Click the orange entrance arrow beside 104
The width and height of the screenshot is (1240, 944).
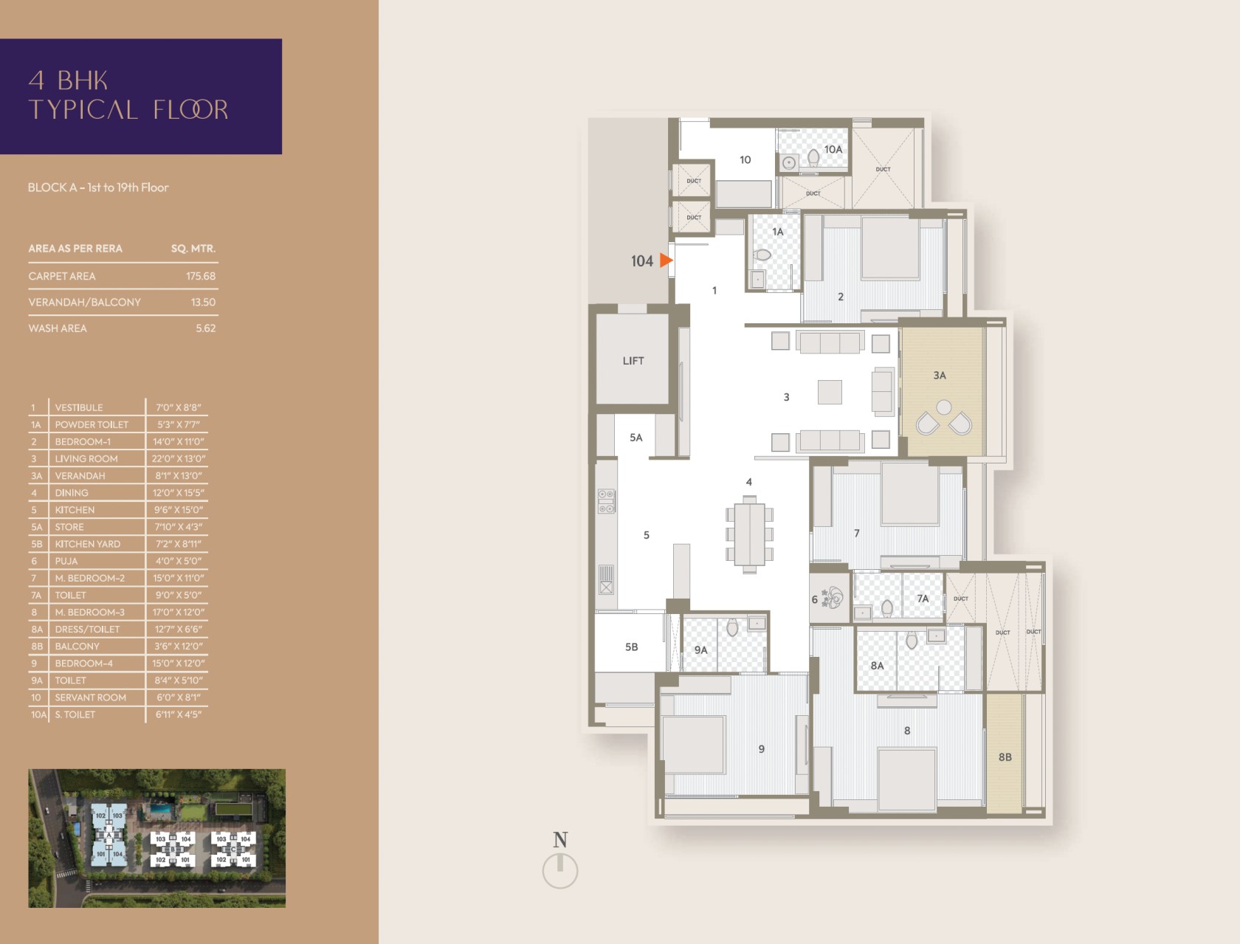(666, 261)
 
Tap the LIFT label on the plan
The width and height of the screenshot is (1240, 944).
(633, 361)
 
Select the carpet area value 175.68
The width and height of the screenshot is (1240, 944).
(201, 276)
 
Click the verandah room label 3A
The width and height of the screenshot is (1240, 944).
(940, 375)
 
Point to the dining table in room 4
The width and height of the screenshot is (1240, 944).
(750, 534)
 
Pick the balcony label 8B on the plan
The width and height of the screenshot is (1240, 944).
(1005, 757)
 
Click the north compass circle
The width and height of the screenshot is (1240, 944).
(559, 870)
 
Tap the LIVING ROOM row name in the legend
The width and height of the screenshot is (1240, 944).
(86, 459)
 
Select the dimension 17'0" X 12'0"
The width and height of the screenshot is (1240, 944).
(179, 613)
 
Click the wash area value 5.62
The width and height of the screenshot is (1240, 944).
(206, 328)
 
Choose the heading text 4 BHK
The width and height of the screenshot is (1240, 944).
(68, 80)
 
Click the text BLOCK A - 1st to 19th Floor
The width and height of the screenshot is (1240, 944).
(98, 187)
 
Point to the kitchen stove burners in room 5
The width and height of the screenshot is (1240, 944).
(607, 501)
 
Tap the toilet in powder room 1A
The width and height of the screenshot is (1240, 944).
(762, 255)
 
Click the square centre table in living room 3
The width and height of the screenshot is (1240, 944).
(830, 392)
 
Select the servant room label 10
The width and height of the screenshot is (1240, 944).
(745, 160)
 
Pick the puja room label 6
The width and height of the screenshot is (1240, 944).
(815, 599)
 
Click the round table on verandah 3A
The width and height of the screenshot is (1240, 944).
(944, 407)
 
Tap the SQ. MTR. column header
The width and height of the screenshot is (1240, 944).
(193, 249)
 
